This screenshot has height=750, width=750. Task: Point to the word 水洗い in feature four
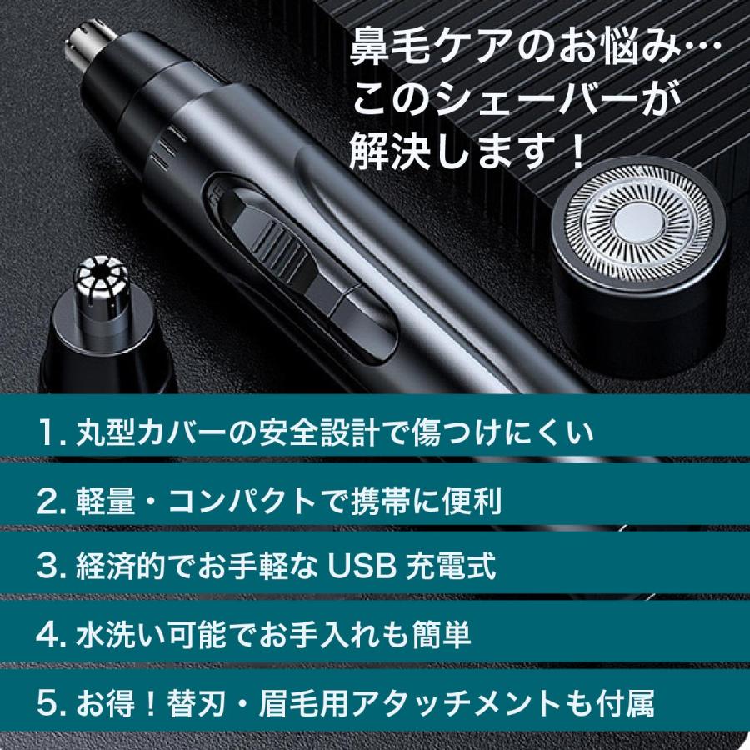tap(117, 637)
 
